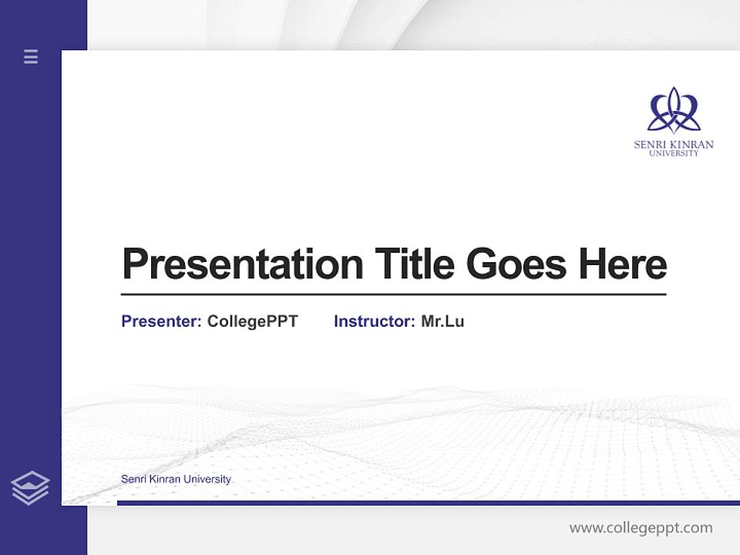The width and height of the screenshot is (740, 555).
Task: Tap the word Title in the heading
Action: point(415,264)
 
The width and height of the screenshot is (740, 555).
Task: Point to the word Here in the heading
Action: point(623,264)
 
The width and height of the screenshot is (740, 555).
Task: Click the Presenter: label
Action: point(161,321)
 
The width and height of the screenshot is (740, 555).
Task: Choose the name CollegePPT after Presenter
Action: point(252,321)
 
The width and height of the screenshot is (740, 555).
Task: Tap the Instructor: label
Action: point(374,321)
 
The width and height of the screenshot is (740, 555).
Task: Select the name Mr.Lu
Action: point(442,321)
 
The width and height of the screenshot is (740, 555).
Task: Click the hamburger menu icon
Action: point(31,56)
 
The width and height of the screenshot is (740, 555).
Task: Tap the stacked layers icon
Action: point(30,488)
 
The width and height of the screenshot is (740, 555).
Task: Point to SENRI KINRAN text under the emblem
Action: point(674,144)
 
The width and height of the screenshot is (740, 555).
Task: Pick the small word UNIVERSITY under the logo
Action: point(674,153)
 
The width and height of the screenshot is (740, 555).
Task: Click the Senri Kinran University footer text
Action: point(176,479)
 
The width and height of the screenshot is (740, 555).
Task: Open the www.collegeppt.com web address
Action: point(641,528)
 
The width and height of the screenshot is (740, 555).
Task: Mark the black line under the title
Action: point(393,294)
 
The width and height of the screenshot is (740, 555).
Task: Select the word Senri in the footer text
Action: point(133,479)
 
